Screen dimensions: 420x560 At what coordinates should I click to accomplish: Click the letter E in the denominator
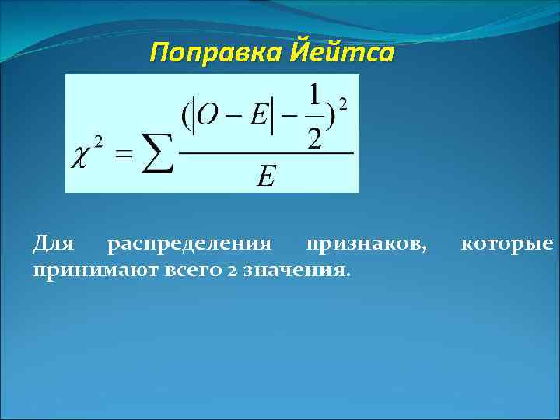[x=265, y=178]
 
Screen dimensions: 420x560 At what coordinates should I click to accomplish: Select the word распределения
[x=190, y=246]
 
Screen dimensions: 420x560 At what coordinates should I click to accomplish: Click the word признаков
[x=366, y=246]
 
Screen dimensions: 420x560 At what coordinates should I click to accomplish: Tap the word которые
[x=506, y=246]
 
